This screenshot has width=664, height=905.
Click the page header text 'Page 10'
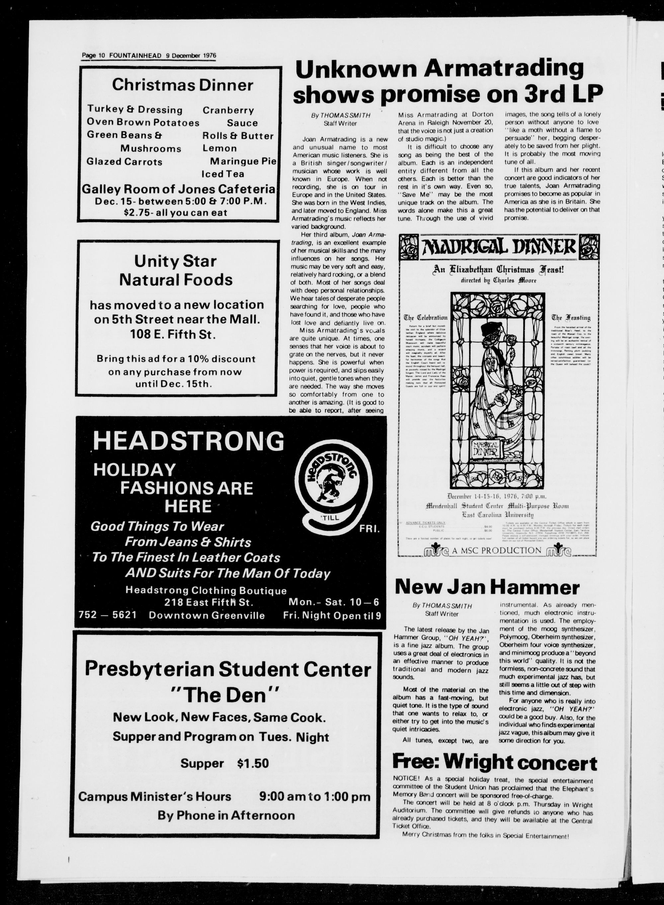(x=93, y=55)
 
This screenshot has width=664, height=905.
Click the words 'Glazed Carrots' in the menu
(x=124, y=162)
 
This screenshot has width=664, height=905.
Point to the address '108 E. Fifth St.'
(x=173, y=335)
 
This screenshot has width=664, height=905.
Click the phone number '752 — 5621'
(x=108, y=615)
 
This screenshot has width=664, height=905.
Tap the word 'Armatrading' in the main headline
(x=504, y=68)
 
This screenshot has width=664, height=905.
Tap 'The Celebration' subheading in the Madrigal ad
(x=425, y=317)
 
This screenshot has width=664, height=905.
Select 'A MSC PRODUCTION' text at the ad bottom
(x=496, y=550)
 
